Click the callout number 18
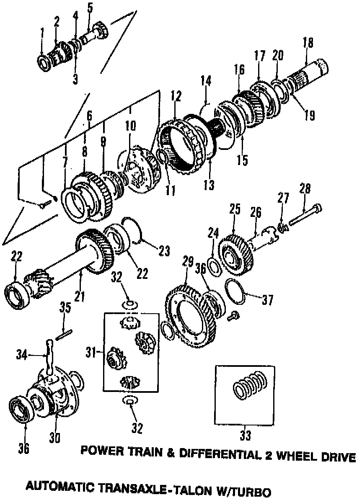(308, 43)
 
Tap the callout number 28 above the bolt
(305, 189)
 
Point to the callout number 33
(245, 435)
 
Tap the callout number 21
(79, 296)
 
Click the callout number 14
(206, 81)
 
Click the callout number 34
(22, 355)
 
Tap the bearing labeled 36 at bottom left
(21, 410)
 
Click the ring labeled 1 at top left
(44, 62)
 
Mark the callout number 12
(176, 96)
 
